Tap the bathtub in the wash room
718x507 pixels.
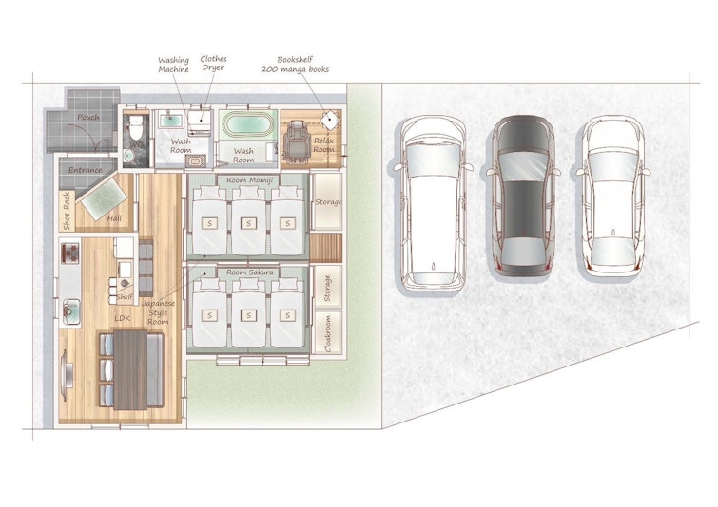[247, 123]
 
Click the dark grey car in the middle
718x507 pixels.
[523, 197]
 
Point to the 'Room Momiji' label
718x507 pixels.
[249, 180]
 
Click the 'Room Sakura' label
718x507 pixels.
[249, 272]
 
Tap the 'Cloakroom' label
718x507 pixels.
[328, 333]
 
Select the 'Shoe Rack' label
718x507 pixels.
[67, 211]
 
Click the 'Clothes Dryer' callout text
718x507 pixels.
[213, 63]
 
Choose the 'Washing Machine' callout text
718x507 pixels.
[173, 65]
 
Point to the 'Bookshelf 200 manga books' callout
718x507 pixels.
[295, 65]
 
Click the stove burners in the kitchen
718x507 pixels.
[70, 253]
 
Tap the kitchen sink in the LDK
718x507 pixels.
[71, 310]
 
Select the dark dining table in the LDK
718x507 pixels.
[130, 369]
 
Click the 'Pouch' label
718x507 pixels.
[87, 117]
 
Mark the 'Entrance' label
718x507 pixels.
[86, 170]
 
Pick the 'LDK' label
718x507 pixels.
[123, 318]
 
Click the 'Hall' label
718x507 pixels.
[114, 218]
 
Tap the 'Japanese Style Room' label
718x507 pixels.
[158, 312]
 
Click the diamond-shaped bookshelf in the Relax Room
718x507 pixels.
[329, 121]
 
